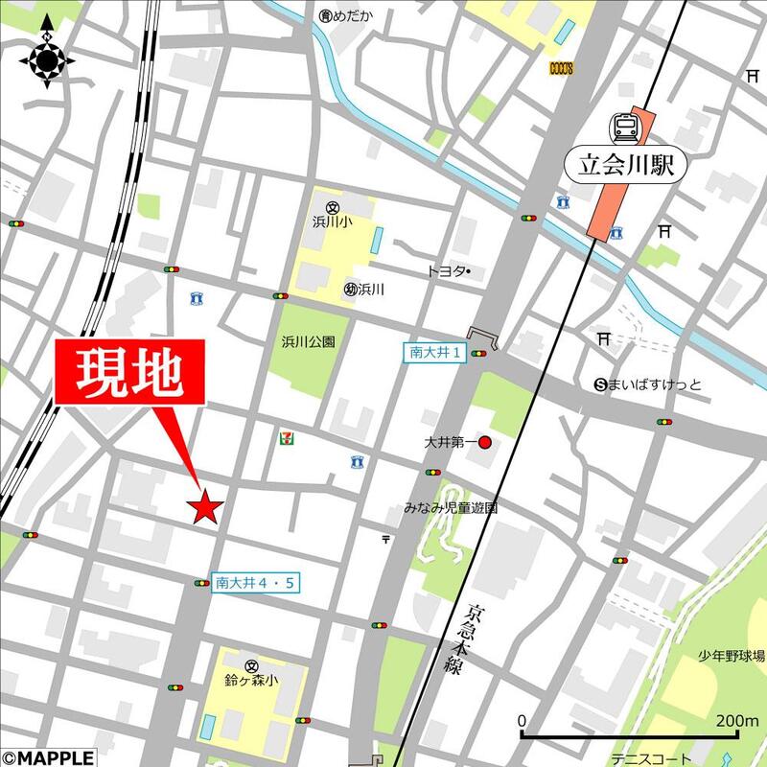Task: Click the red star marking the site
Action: [x=205, y=507]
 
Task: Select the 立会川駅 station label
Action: [x=633, y=165]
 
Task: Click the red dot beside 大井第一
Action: [x=485, y=443]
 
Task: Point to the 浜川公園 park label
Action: [x=308, y=340]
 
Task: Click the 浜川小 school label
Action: [x=334, y=221]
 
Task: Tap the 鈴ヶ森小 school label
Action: [x=252, y=681]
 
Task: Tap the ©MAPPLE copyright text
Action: [x=47, y=757]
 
